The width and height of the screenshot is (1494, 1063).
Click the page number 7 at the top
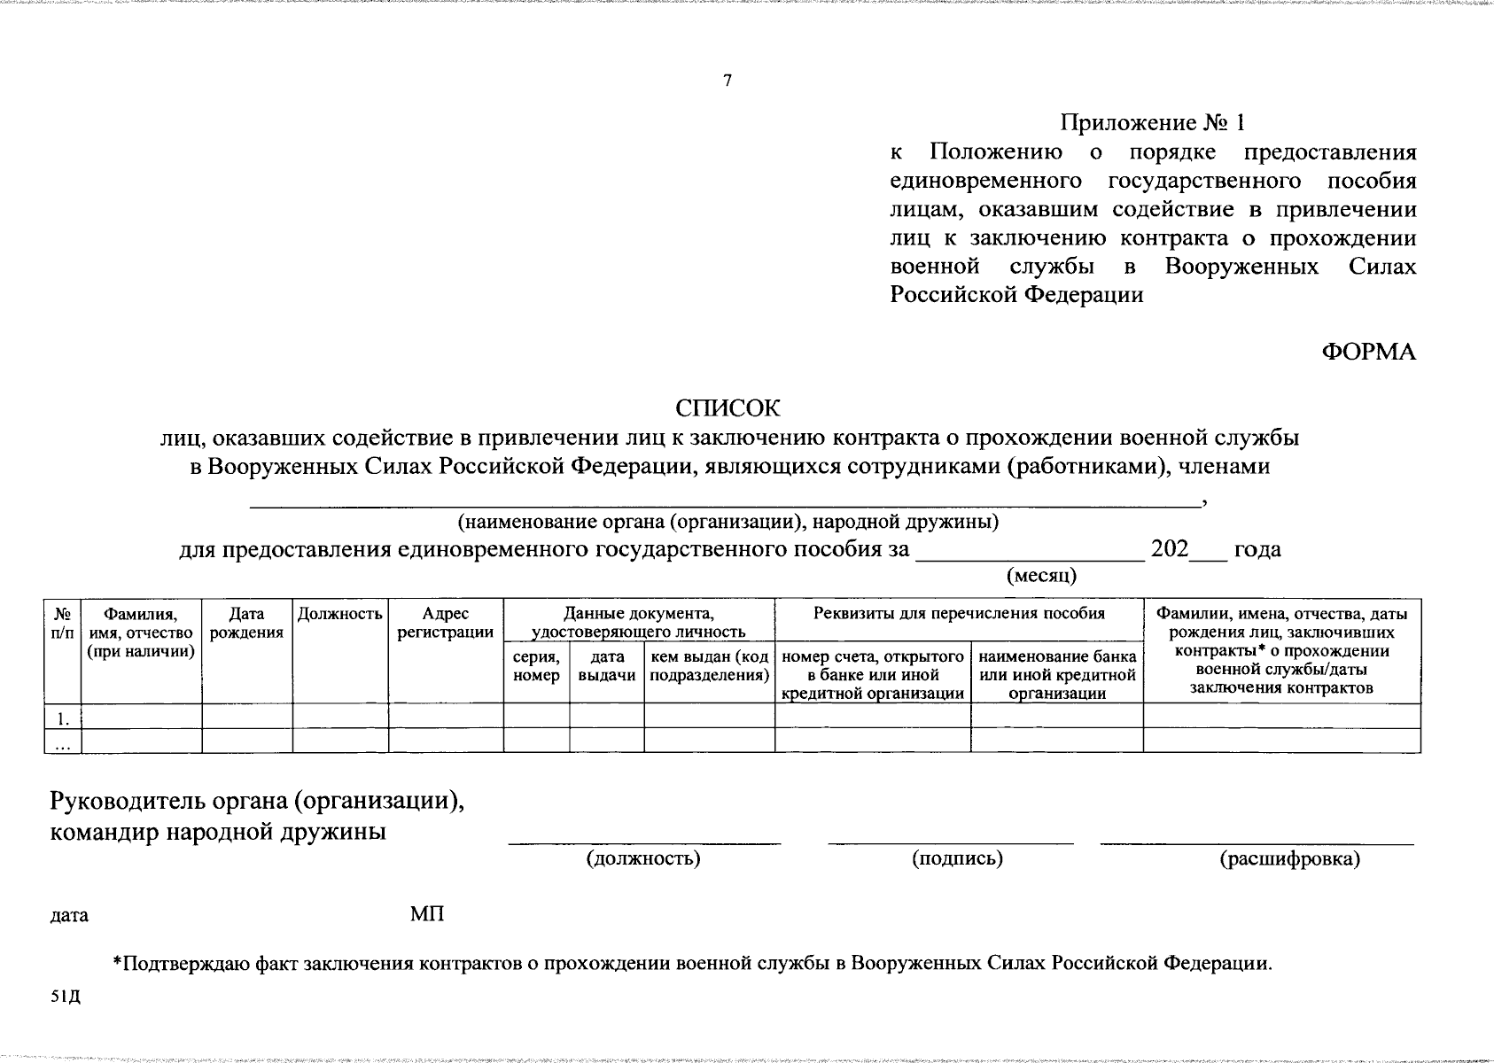click(x=728, y=81)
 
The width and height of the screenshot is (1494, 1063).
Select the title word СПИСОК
click(x=728, y=408)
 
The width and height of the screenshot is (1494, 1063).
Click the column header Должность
click(x=340, y=614)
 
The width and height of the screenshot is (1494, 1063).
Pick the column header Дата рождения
click(x=247, y=623)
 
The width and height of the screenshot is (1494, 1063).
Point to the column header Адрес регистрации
click(x=446, y=623)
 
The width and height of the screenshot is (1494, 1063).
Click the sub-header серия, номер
click(x=536, y=666)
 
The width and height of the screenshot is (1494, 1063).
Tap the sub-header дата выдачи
click(x=606, y=666)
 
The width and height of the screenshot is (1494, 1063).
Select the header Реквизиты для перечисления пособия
click(x=960, y=614)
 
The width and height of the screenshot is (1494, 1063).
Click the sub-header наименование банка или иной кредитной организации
click(x=1057, y=675)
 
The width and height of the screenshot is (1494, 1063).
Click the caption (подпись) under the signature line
click(x=957, y=858)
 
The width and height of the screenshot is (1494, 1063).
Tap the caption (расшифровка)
click(x=1289, y=858)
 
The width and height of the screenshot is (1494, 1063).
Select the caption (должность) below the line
click(x=643, y=858)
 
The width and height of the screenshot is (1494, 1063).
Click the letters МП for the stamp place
click(x=427, y=914)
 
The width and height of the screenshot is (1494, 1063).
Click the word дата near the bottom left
click(x=69, y=915)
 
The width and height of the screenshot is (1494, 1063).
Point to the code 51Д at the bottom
click(x=66, y=997)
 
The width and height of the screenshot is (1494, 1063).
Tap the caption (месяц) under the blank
click(x=1041, y=576)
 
